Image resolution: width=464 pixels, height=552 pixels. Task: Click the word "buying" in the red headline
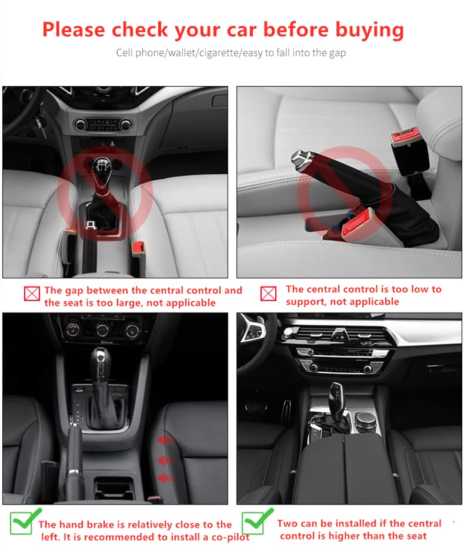[369, 31]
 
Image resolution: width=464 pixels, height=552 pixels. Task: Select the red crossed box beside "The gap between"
[32, 294]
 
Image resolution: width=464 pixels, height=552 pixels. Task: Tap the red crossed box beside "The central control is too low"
[268, 293]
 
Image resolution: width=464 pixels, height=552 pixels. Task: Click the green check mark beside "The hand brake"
[24, 522]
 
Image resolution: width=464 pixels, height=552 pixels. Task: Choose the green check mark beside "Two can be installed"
[256, 521]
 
